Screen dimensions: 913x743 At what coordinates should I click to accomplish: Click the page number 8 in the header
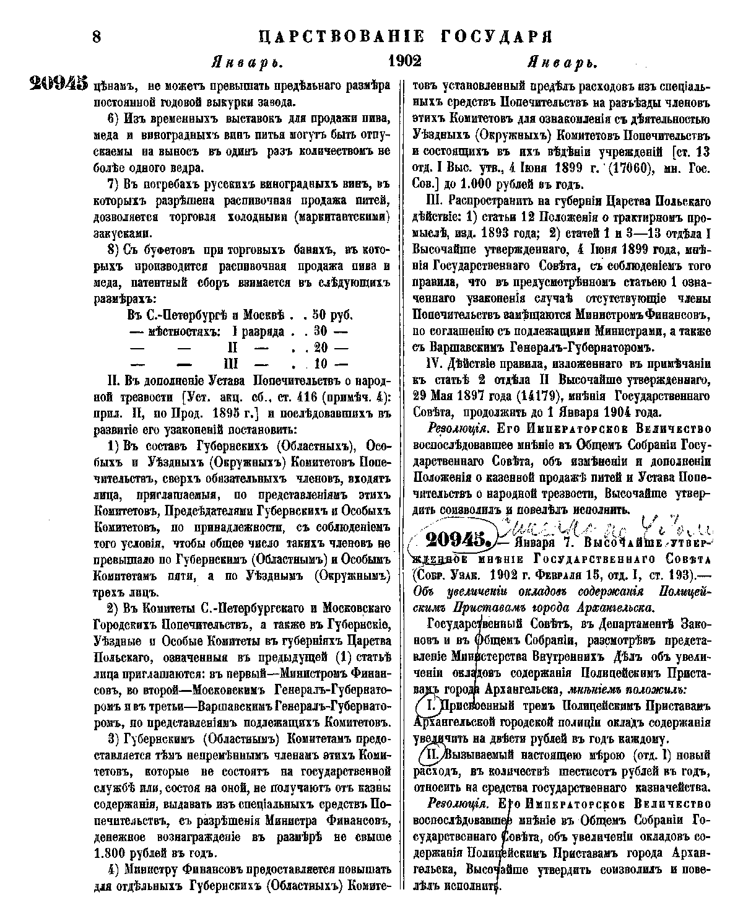pyautogui.click(x=97, y=37)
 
